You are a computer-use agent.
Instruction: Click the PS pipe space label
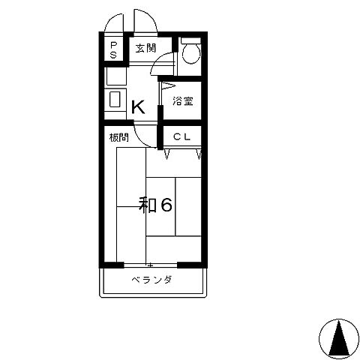[113, 50]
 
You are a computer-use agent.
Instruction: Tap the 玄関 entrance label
[146, 48]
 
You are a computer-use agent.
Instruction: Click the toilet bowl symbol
[191, 53]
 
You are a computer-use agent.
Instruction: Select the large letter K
[138, 106]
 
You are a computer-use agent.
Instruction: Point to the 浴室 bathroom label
[183, 100]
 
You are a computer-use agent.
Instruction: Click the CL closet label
[182, 136]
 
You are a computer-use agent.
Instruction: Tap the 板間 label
[119, 137]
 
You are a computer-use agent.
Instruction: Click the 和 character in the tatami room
[148, 205]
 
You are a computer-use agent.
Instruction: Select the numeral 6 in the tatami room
[166, 205]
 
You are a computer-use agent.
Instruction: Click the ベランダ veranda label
[151, 280]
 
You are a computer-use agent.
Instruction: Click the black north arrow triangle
[339, 338]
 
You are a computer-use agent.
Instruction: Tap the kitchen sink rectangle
[115, 100]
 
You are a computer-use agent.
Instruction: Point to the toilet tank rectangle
[191, 40]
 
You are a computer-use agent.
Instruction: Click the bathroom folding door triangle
[167, 86]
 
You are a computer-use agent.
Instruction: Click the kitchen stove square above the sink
[116, 76]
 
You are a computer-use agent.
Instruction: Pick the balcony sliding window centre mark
[150, 265]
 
